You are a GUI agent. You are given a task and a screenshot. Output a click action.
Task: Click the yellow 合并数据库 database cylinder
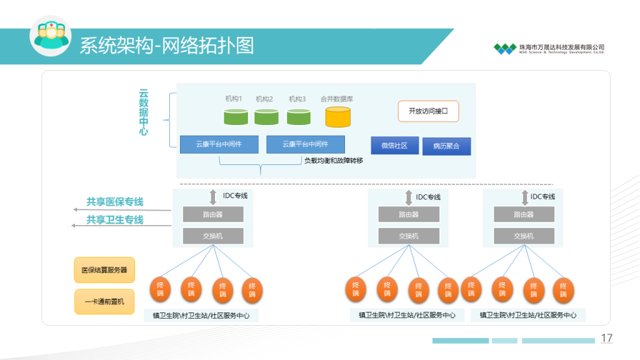click(x=337, y=117)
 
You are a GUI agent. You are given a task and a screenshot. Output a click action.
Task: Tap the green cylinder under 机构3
click(x=299, y=117)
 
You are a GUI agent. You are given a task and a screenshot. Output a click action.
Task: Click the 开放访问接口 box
click(x=428, y=111)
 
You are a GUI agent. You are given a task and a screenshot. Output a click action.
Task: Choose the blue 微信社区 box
click(x=394, y=146)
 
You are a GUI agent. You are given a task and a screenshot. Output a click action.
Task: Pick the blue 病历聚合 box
click(x=446, y=146)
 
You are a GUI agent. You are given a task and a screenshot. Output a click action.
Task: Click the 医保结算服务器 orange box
click(x=104, y=270)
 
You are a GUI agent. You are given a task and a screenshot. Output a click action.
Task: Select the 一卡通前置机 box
click(x=104, y=301)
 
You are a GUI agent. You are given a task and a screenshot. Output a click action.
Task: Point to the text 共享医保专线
click(x=115, y=202)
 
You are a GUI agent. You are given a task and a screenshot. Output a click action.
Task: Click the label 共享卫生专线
click(x=115, y=219)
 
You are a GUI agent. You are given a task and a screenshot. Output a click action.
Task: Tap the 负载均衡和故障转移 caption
click(x=333, y=161)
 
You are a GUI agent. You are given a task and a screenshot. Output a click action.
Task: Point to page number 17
click(x=606, y=338)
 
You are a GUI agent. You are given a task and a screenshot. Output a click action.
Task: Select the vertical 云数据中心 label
click(x=144, y=112)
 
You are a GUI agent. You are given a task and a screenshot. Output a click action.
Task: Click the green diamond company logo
click(x=504, y=48)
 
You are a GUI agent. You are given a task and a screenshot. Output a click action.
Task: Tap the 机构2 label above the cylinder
click(x=264, y=99)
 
